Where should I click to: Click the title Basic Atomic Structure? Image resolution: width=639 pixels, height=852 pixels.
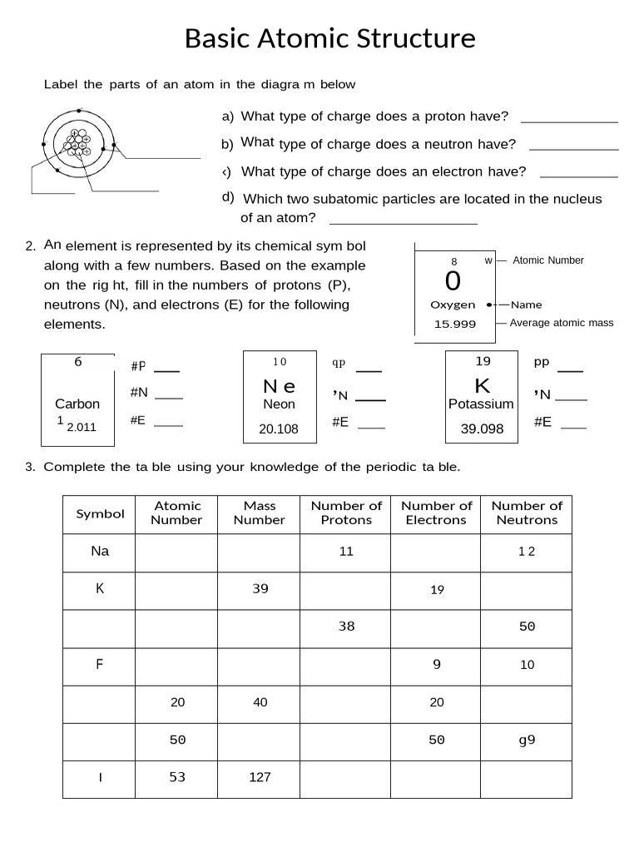click(329, 38)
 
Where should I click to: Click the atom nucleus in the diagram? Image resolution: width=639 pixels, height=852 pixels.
click(78, 145)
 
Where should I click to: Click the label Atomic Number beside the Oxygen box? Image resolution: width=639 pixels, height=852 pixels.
click(547, 260)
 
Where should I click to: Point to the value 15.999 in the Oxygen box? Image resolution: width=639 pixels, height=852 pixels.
click(455, 324)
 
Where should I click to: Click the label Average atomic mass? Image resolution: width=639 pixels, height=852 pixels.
click(561, 323)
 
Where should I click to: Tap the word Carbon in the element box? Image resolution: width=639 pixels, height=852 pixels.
click(77, 404)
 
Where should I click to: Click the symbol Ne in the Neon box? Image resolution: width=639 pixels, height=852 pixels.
click(279, 386)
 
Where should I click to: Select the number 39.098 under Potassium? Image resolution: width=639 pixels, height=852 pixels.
click(482, 428)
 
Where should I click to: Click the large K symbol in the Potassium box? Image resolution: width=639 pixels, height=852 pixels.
click(482, 386)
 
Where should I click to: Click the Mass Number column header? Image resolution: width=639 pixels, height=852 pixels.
click(259, 513)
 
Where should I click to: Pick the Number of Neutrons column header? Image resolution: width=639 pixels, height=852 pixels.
click(527, 513)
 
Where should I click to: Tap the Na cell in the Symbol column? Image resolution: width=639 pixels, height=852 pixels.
click(100, 551)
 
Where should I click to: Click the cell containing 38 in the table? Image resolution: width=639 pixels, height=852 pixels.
click(346, 627)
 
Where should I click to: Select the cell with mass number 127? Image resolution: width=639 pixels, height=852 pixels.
click(260, 778)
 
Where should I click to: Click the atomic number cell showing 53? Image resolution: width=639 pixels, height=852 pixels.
click(177, 778)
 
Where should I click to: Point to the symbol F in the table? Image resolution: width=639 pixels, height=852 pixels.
click(100, 664)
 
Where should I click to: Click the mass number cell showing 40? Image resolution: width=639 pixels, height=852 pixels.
click(260, 702)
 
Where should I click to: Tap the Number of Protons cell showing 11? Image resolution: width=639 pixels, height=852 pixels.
click(346, 551)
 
